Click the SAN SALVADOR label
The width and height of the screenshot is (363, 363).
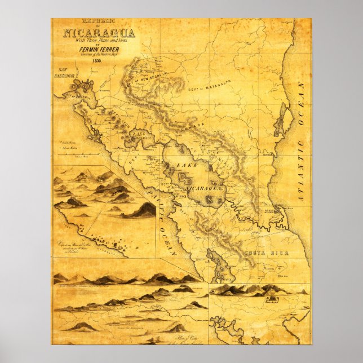[65, 74]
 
